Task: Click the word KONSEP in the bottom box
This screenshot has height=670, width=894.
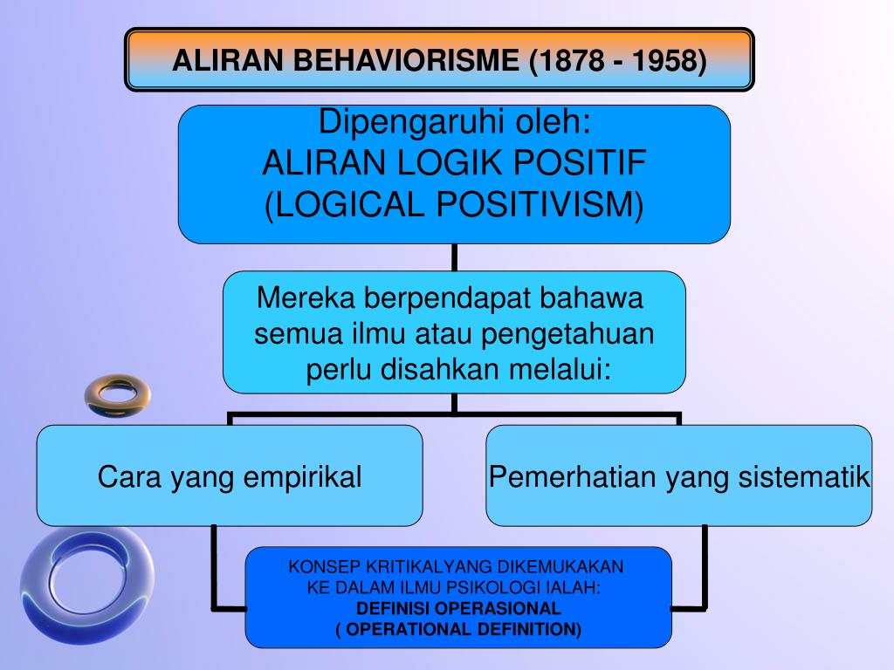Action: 320,567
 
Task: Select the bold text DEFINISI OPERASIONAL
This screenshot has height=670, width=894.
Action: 458,609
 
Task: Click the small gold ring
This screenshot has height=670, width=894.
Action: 117,394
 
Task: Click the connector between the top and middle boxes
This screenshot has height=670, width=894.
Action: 454,256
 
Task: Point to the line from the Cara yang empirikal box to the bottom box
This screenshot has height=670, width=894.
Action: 215,567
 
